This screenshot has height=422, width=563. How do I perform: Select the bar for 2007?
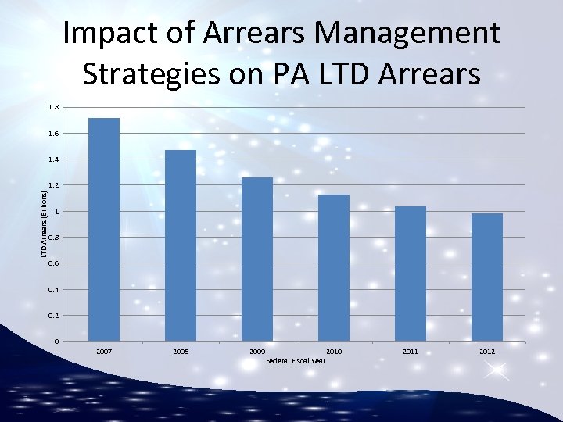tap(104, 230)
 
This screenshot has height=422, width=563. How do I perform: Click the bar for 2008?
tap(181, 245)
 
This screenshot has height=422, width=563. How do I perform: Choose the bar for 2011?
tap(411, 274)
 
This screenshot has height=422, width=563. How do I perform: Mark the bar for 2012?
tap(487, 277)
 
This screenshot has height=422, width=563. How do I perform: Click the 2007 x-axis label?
tap(104, 352)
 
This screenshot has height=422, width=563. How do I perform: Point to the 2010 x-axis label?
tap(334, 352)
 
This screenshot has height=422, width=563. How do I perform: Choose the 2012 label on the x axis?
tap(487, 352)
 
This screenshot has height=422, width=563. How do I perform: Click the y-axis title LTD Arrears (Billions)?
tap(45, 220)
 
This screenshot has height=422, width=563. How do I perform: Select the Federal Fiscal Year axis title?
tap(296, 361)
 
